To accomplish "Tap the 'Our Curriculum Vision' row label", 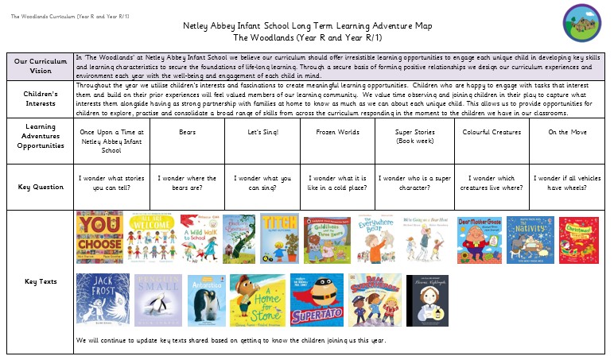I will coord(40,67).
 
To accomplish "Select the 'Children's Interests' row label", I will coord(40,99).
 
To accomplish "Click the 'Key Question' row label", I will coord(40,187).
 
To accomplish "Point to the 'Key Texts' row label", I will coord(40,281).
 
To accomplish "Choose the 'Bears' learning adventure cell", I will coord(187,132).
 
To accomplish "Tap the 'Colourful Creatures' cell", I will coord(492,132).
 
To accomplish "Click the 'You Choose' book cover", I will coord(99,238).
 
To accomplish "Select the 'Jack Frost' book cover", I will coord(102,300).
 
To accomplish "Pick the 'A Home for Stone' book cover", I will coord(257,300).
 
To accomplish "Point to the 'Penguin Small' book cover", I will coord(159,300).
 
